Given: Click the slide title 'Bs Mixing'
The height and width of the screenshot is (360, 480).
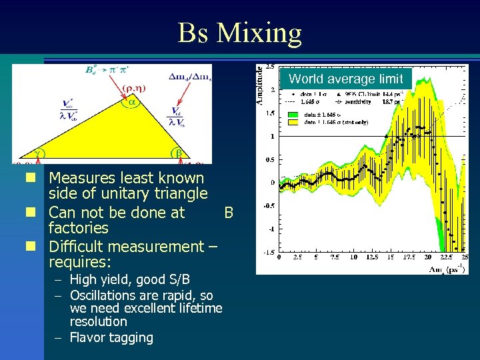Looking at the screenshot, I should tap(239, 32).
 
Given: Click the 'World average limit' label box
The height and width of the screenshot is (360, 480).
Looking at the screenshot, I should tap(345, 79).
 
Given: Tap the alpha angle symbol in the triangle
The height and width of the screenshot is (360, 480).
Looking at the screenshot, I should tap(132, 102).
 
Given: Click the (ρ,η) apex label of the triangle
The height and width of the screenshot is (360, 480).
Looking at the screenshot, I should tap(133, 87).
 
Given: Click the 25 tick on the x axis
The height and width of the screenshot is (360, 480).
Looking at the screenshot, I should tap(464, 257).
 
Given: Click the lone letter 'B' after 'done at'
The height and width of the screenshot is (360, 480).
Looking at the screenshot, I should tap(229, 213).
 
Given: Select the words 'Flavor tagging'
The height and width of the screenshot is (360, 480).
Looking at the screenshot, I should tap(111, 337).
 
